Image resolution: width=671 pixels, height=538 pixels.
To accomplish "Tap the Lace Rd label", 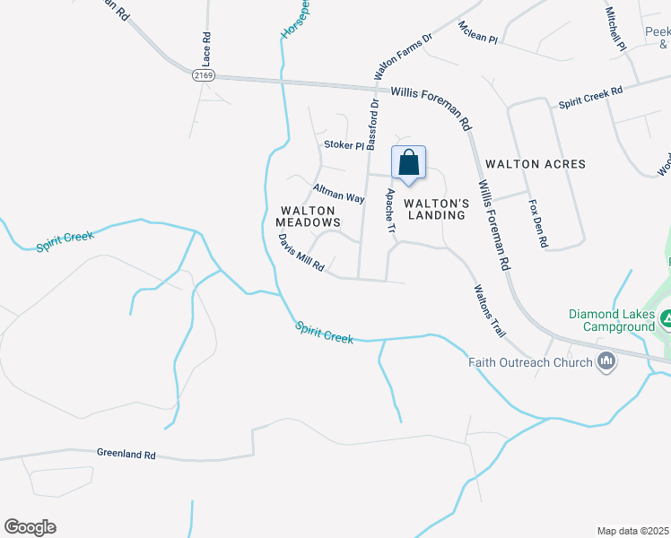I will pos(206,50).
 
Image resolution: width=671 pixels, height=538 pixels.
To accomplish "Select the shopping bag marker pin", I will pos(409,164).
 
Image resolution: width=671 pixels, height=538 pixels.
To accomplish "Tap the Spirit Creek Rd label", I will pos(590,98).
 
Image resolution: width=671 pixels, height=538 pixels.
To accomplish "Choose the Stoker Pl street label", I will pos(344,145).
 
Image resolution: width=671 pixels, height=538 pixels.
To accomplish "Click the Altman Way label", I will pos(338,193).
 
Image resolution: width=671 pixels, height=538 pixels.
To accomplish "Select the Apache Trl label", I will pos(390,213).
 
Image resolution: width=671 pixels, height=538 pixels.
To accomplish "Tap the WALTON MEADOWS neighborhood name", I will pos(308,215).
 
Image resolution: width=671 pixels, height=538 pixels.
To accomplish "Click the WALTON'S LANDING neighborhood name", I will pos(436,209).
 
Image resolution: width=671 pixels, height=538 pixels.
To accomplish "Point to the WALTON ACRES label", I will pos(535,164).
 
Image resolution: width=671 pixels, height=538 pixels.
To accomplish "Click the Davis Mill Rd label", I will pos(301,254).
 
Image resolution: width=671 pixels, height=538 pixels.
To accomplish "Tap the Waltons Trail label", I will pos(489,310).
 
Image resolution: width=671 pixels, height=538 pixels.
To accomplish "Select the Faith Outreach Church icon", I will pos(606,362).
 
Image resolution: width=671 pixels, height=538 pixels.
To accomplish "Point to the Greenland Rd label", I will pos(126,456).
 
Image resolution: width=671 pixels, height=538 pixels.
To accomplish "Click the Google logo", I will pos(30,527).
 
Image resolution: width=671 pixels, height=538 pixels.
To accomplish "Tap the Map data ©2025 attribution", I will pos(632,531).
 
